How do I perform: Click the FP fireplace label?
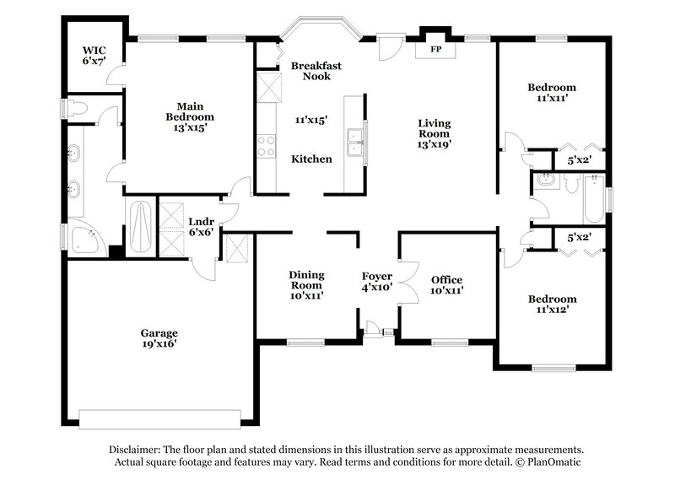pos(435,50)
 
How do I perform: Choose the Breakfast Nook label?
pos(310,71)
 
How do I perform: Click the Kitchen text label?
pos(311,159)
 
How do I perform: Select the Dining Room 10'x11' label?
pos(306,284)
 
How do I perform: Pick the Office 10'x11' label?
pos(446,285)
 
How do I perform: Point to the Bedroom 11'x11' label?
pos(552,93)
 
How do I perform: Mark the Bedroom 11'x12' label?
pos(552,304)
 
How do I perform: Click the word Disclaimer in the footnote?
pos(137,450)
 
